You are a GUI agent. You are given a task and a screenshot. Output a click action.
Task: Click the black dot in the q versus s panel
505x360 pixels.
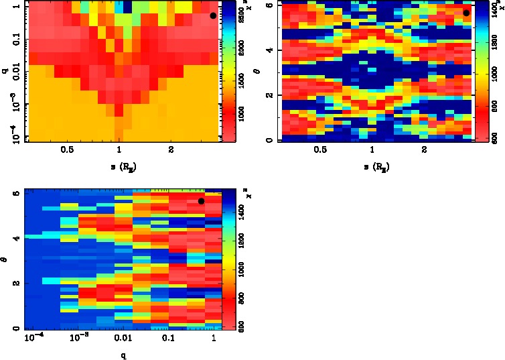[213, 15]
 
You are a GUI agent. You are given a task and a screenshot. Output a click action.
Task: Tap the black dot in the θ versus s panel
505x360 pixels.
[466, 13]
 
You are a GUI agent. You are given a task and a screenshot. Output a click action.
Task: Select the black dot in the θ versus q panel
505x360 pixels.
[201, 201]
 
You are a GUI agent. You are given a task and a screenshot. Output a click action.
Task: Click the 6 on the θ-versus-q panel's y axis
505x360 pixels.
[15, 192]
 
